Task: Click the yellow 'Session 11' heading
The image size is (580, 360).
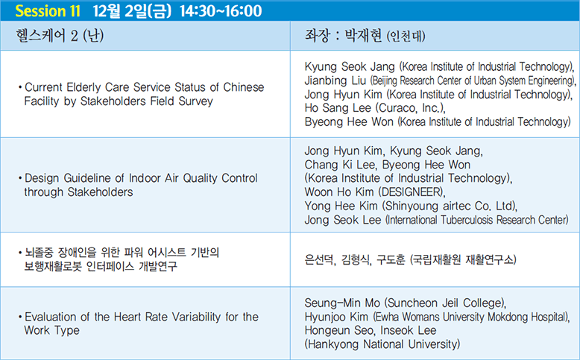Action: (48, 10)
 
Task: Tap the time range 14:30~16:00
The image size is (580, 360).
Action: (221, 10)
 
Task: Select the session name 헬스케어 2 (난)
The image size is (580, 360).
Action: (60, 36)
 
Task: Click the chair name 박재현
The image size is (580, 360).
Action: (363, 36)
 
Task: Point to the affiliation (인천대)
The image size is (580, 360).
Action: (406, 37)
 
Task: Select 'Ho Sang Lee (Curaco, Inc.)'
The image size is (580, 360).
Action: (375, 108)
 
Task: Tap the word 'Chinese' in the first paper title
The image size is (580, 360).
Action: (244, 87)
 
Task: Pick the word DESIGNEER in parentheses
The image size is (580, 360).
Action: (412, 192)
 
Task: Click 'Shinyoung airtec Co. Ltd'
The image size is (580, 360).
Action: (449, 206)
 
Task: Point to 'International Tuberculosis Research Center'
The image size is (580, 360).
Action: (477, 220)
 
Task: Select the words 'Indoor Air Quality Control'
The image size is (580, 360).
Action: (193, 178)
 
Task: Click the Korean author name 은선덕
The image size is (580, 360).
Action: (320, 259)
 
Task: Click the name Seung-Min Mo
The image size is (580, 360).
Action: (342, 303)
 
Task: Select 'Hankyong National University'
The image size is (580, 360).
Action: (382, 344)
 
